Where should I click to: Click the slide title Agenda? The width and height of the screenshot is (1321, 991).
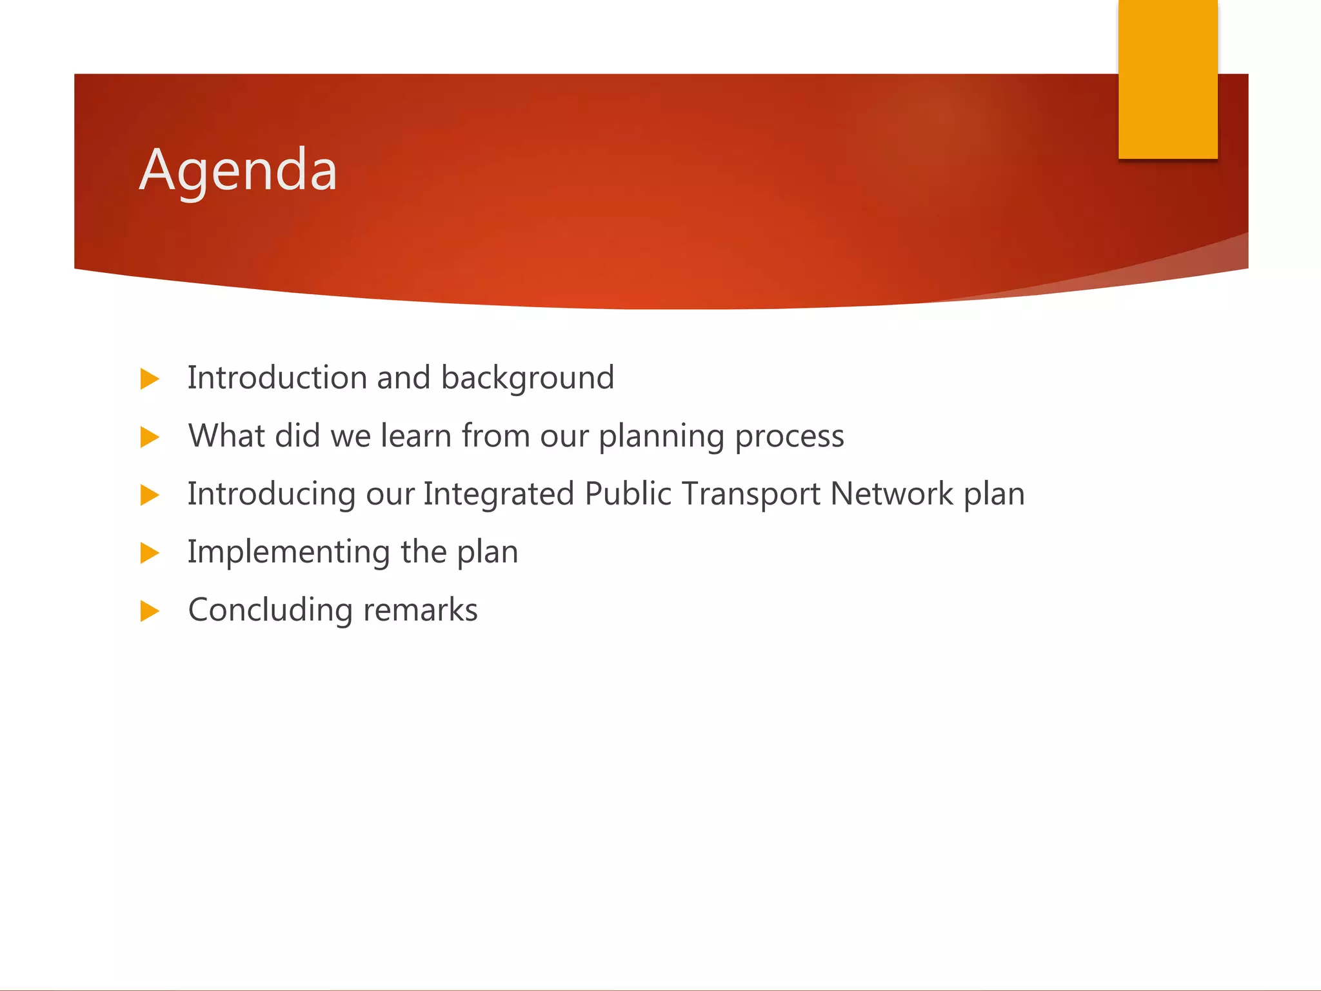(238, 170)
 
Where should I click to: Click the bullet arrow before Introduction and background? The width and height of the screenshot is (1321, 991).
(150, 379)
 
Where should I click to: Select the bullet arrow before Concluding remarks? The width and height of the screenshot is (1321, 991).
(150, 610)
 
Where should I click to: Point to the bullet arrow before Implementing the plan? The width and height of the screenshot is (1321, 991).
(150, 553)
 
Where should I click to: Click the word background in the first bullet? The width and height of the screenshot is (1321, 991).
(527, 378)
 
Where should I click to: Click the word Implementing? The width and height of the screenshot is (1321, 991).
(288, 552)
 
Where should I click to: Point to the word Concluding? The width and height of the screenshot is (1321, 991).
(270, 610)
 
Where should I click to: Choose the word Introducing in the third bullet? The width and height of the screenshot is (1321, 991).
(271, 494)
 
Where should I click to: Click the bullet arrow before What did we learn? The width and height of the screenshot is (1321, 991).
(150, 437)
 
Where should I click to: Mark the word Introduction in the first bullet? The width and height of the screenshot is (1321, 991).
(277, 378)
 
